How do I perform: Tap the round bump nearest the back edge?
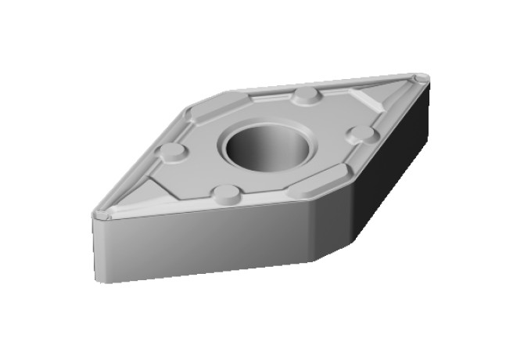pos(307,96)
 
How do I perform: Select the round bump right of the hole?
pos(361,133)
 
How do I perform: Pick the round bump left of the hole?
pos(172,150)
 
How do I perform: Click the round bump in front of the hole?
pos(226,193)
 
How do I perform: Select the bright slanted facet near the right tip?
pos(368,100)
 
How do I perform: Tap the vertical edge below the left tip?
pos(95,247)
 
